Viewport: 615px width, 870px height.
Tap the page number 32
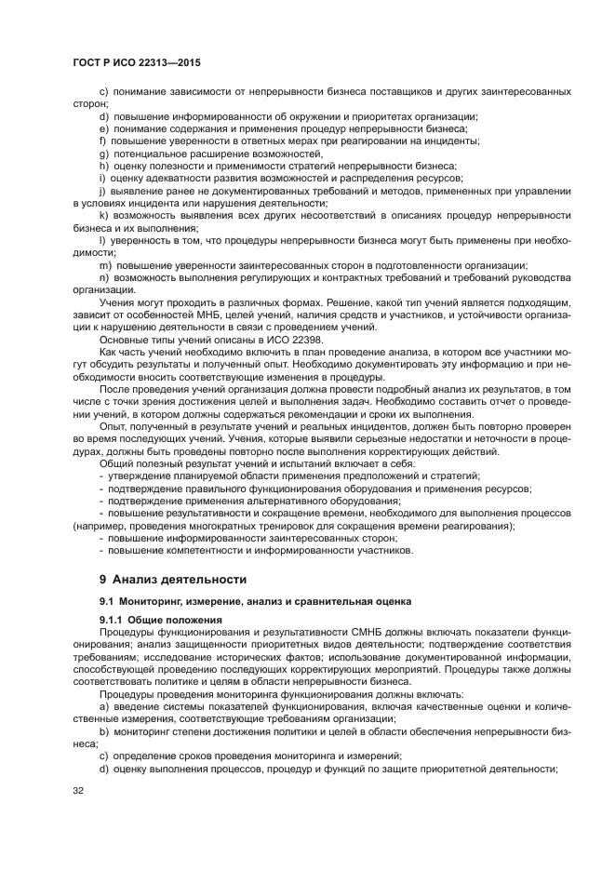pyautogui.click(x=64, y=791)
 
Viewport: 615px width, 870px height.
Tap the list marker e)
pyautogui.click(x=104, y=128)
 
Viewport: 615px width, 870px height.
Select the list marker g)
pyautogui.click(x=104, y=153)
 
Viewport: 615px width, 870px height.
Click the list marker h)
pyautogui.click(x=104, y=165)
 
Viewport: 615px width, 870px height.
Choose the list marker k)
pyautogui.click(x=104, y=216)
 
